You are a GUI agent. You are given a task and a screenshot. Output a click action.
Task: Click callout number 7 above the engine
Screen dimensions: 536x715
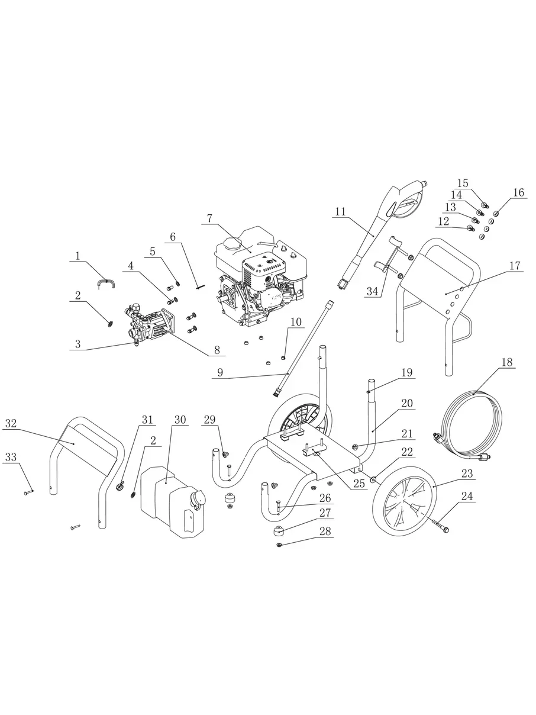click(209, 218)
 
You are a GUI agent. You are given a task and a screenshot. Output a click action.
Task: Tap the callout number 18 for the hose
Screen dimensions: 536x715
click(506, 362)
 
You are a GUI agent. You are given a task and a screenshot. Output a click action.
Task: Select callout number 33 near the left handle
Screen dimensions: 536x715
click(11, 457)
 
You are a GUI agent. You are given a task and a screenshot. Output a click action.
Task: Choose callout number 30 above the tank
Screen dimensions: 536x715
click(180, 420)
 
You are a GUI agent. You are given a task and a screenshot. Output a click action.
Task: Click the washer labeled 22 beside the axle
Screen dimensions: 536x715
click(373, 479)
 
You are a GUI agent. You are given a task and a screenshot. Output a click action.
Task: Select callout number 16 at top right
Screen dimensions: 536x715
click(519, 192)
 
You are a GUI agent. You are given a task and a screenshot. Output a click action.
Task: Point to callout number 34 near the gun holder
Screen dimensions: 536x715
click(372, 291)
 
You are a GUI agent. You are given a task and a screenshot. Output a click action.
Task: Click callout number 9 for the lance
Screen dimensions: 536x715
click(220, 373)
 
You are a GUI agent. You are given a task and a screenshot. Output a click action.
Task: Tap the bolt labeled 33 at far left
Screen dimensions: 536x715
click(28, 492)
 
